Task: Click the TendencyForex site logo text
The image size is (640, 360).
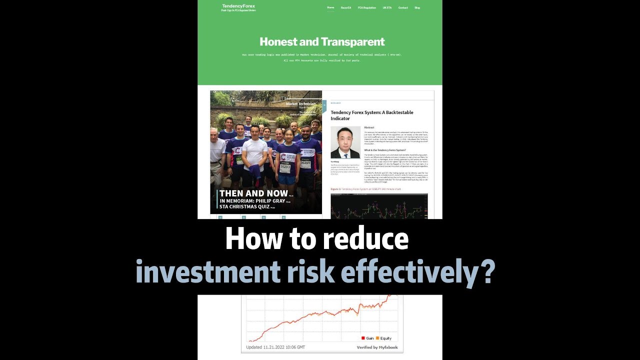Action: (238, 6)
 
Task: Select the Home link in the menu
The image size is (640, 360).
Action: (330, 7)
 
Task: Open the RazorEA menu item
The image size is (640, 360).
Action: (345, 7)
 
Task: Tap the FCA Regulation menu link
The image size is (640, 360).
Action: (366, 7)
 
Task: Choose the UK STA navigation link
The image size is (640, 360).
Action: (387, 7)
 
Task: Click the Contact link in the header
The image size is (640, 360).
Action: (402, 7)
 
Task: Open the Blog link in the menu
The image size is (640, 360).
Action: (417, 7)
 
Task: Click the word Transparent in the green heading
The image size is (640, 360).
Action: (353, 41)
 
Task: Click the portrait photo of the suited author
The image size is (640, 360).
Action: (345, 142)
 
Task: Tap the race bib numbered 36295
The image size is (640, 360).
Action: (305, 163)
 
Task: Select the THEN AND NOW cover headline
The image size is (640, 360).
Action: (253, 193)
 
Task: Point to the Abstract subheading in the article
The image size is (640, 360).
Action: (369, 127)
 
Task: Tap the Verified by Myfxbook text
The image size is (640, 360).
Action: (377, 347)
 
